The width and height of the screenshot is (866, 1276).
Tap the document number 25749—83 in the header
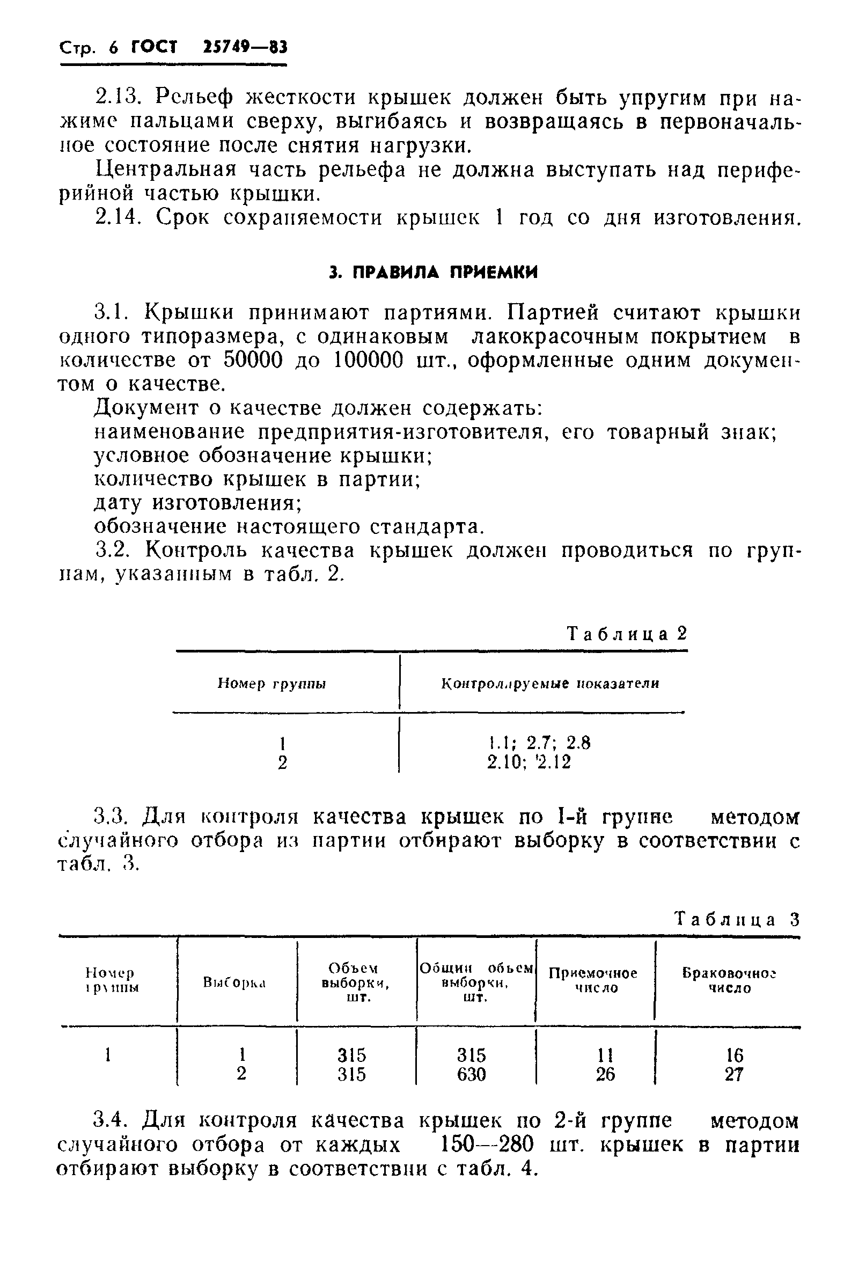point(245,48)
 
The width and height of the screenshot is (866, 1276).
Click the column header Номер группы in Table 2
point(272,684)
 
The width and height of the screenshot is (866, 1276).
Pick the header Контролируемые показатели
point(551,684)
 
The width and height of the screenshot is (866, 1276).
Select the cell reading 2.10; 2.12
point(529,762)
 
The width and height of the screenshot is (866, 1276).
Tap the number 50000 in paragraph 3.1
point(253,360)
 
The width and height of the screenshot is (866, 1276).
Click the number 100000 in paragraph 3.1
point(369,360)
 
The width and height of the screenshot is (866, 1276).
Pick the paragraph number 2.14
point(114,218)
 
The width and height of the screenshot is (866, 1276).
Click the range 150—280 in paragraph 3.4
point(487,1145)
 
